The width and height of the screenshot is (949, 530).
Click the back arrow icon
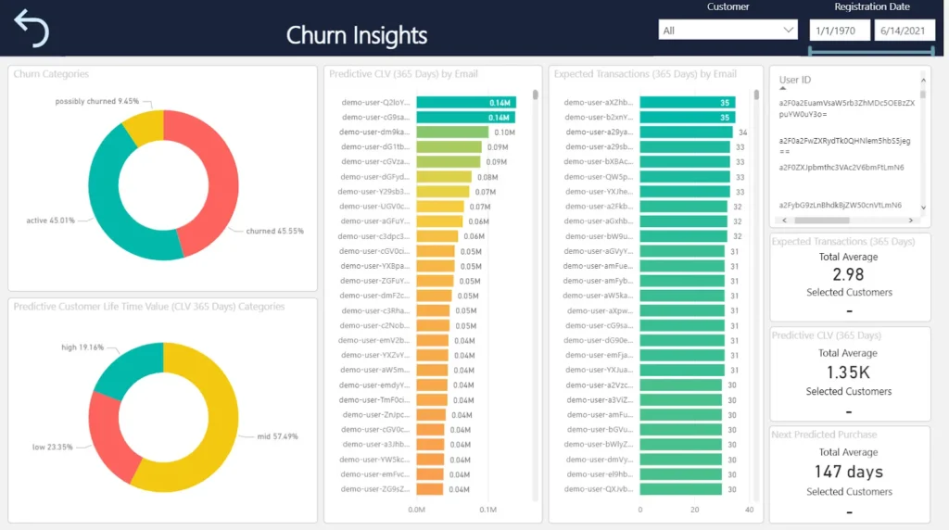coord(32,29)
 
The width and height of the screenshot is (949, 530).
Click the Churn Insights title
coord(357,35)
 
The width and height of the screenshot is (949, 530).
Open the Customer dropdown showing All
coord(728,31)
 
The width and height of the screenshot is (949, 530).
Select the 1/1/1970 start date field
coord(839,31)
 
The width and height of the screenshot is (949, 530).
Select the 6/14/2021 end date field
coord(904,31)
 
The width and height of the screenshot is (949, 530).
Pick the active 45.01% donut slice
coord(102,204)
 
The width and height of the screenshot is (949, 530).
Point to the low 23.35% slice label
coord(52,447)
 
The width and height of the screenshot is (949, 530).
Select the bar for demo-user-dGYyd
coord(443,176)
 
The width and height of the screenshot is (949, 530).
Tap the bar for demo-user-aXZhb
coord(687,102)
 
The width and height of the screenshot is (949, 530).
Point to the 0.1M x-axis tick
coord(487,510)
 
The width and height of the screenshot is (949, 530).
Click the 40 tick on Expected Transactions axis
coord(749,510)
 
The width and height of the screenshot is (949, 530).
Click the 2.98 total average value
coord(848,274)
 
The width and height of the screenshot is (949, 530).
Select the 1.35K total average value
coord(848,372)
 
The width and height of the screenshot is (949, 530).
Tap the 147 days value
coord(848,472)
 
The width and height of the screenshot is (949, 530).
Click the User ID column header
coord(795,81)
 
